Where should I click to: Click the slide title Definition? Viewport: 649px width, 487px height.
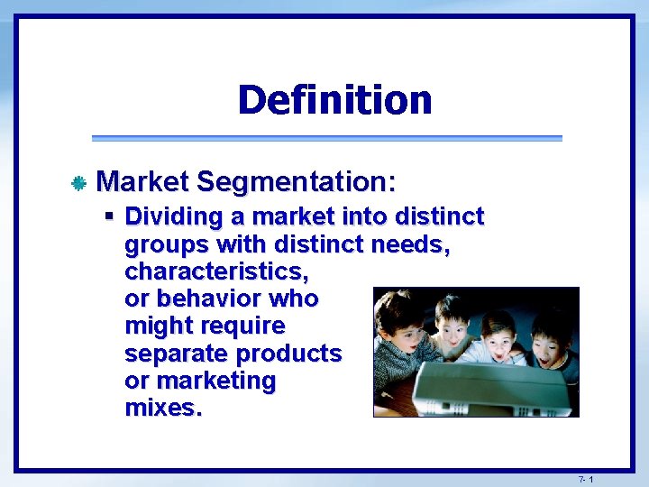(334, 99)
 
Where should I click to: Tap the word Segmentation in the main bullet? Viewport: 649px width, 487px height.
(296, 182)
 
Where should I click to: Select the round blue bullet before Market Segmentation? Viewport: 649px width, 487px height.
(78, 184)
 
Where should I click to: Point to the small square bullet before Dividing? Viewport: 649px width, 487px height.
(109, 216)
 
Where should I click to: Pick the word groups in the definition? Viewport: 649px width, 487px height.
(164, 244)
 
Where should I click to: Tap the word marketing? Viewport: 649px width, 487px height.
(216, 381)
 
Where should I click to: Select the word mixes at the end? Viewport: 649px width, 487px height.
(162, 408)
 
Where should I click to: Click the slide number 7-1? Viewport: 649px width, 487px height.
(586, 478)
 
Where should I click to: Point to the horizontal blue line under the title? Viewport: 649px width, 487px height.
(326, 138)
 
